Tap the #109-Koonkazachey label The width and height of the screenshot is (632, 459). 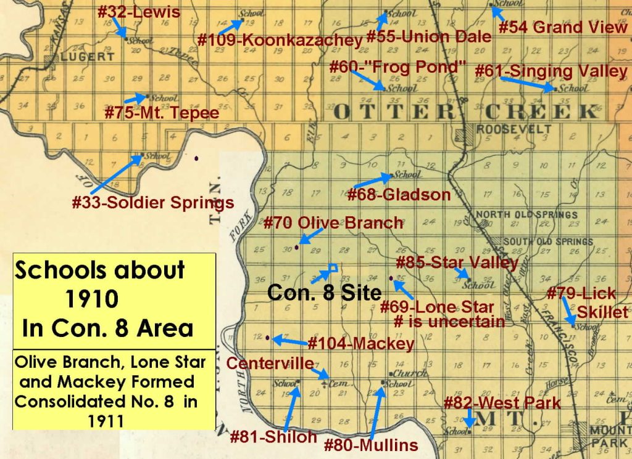(280, 41)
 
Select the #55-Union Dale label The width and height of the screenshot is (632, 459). (428, 36)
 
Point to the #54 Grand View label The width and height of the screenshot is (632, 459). (562, 27)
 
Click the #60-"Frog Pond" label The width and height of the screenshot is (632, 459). (396, 66)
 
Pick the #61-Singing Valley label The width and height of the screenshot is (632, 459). (551, 71)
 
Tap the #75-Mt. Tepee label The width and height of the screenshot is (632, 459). (162, 113)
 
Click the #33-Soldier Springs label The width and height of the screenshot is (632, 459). (152, 202)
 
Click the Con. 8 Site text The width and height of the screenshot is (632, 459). (324, 292)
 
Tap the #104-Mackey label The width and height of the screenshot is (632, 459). (360, 343)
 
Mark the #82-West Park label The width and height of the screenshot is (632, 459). (502, 404)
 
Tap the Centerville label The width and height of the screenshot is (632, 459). (270, 364)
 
